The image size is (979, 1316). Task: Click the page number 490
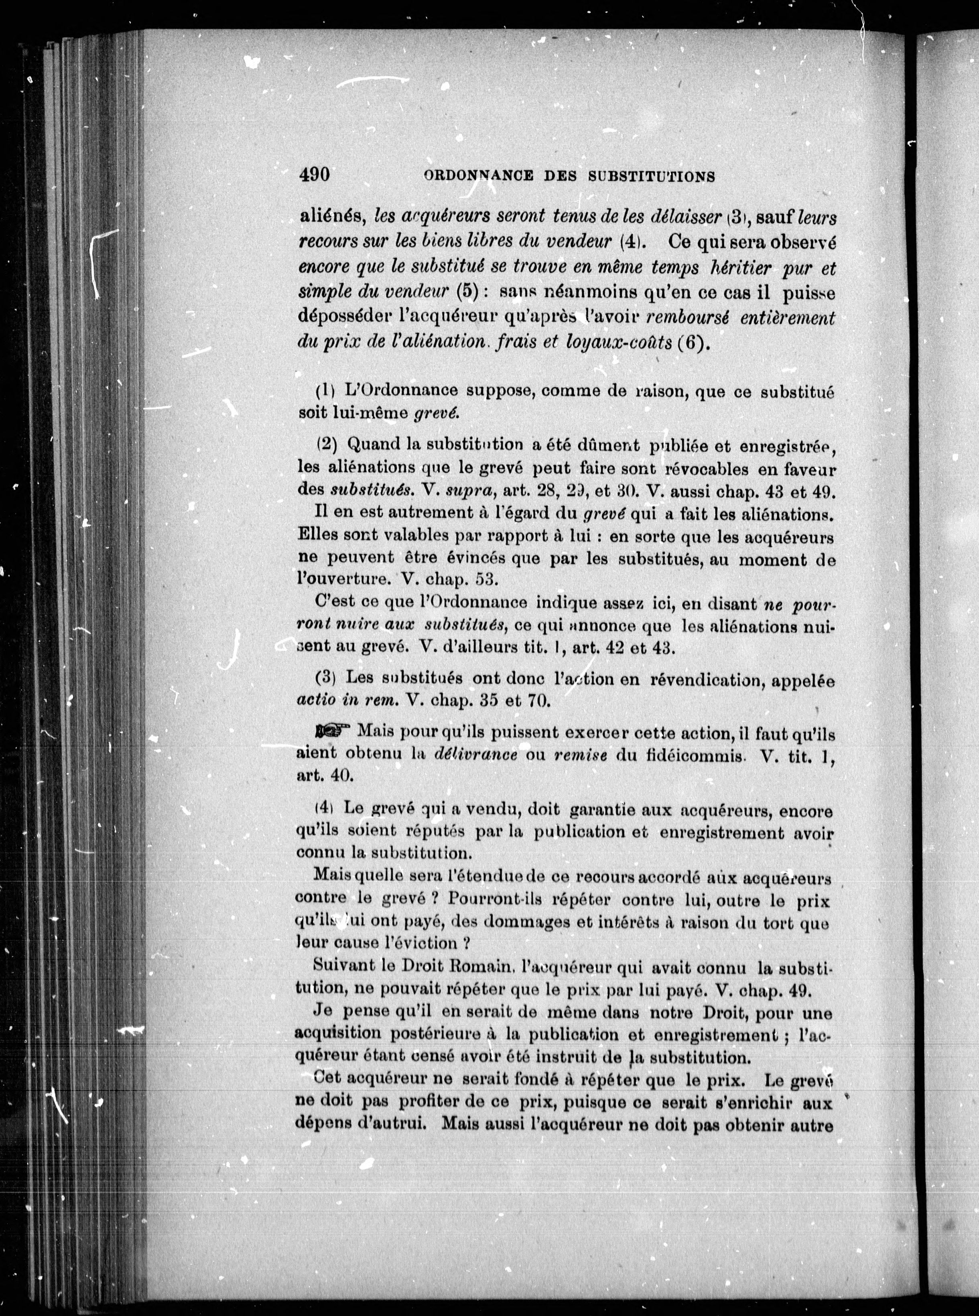314,175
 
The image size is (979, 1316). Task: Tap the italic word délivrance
476,755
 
